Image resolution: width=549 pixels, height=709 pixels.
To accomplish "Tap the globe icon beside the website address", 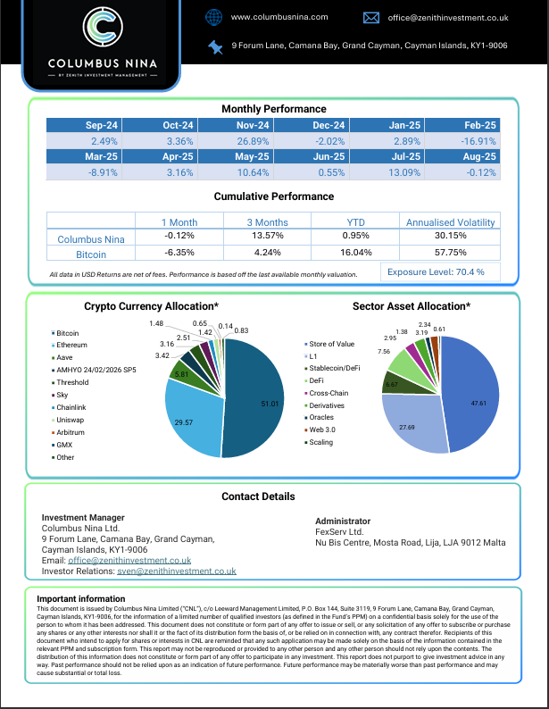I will tap(213, 17).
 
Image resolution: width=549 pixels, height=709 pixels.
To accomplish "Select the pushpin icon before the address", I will tap(214, 46).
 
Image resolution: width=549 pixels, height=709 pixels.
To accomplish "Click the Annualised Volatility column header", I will tap(450, 221).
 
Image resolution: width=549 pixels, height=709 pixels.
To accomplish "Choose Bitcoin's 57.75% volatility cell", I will tap(450, 254).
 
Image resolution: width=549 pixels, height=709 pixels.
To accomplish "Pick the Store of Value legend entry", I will tap(331, 344).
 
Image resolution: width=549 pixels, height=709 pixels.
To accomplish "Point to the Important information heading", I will tap(81, 598).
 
